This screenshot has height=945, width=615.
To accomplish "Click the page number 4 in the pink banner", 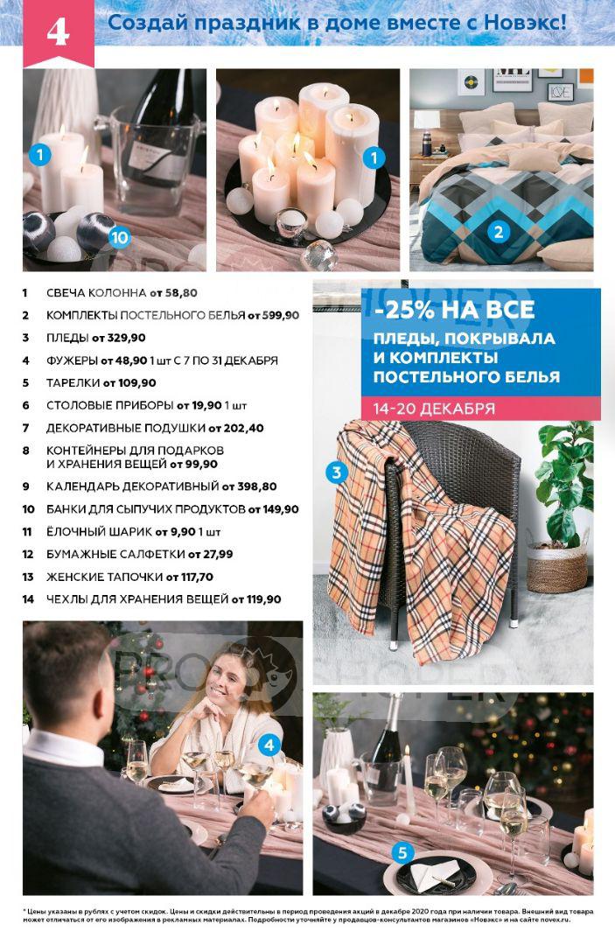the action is (58, 32).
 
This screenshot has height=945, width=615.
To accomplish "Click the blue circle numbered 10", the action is (119, 237).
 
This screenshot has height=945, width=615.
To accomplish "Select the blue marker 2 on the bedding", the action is (498, 232).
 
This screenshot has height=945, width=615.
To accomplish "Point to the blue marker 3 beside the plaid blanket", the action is (337, 472).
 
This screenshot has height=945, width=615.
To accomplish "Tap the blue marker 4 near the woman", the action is (269, 745).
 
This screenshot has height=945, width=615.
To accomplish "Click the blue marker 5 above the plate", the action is (402, 853).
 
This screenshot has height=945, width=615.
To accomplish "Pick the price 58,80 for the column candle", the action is (181, 293).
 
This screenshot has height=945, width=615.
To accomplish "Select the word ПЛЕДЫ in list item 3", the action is (67, 338).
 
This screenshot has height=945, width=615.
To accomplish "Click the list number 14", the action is (28, 599).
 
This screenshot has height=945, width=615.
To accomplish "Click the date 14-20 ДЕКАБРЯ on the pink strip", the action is (434, 408).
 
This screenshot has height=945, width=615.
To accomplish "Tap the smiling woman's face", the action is (224, 684).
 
